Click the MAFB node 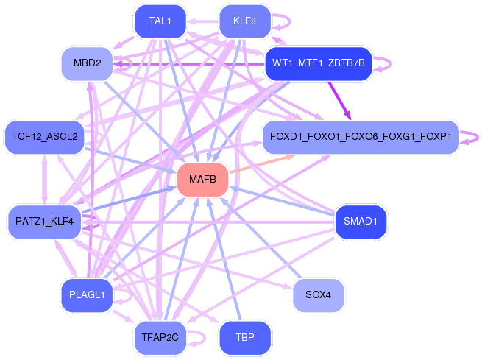[x=202, y=179]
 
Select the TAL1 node [x=160, y=21]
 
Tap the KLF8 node [x=245, y=21]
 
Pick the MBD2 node [x=88, y=63]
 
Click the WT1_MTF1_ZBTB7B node [x=319, y=63]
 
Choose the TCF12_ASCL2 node [x=45, y=136]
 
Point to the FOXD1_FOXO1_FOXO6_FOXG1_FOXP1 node [x=361, y=136]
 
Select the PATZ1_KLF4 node [x=45, y=222]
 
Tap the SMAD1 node [x=361, y=222]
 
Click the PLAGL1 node [x=88, y=295]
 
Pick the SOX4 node [x=319, y=295]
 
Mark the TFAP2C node [x=160, y=338]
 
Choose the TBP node [x=245, y=338]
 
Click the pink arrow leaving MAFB [x=262, y=164]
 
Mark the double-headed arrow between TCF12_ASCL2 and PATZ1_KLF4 [x=45, y=180]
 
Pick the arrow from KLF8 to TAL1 [x=203, y=21]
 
